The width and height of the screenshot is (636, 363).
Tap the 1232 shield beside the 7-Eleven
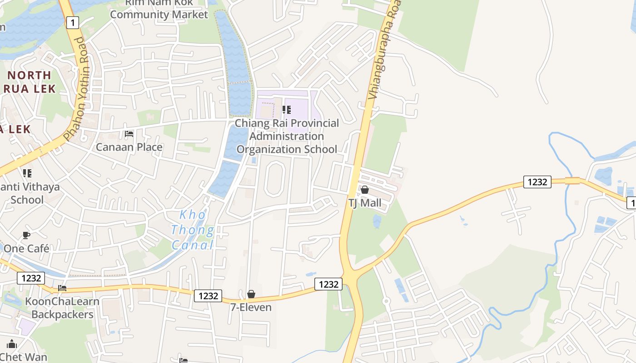209,296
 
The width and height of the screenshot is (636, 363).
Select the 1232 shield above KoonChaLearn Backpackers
31,278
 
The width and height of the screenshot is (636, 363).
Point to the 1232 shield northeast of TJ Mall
537,182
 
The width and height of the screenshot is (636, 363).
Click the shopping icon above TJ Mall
365,190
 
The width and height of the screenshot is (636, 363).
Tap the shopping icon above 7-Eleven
251,294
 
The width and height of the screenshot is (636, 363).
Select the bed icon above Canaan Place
129,134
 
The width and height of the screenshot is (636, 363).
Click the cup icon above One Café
26,235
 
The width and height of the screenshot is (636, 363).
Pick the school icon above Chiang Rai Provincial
287,110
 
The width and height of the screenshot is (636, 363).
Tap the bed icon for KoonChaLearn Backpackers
62,288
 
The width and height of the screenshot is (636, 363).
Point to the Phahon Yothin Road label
75,88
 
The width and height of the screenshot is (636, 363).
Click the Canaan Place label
129,147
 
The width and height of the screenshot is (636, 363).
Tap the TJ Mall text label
365,203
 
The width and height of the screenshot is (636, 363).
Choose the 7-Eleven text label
251,307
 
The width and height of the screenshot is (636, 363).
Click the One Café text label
26,248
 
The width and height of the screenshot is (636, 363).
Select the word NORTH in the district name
30,75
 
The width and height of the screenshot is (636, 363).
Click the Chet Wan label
24,357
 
